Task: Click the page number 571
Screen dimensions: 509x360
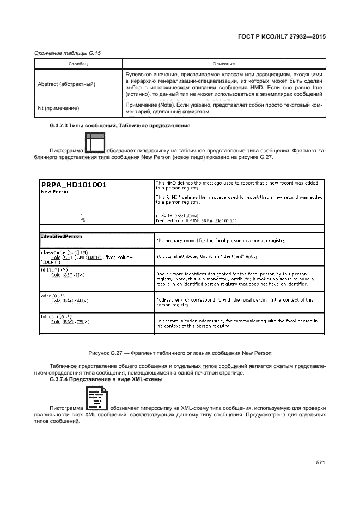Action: tap(320, 463)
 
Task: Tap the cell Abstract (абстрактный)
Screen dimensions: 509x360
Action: tap(66, 84)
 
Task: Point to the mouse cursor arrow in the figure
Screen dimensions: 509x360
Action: tap(83, 218)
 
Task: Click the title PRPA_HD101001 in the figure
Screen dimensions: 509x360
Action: tap(74, 185)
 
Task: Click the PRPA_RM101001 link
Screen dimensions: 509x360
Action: tap(219, 221)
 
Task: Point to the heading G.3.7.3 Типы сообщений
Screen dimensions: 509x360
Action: tap(119, 126)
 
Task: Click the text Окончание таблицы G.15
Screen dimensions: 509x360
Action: tap(69, 53)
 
